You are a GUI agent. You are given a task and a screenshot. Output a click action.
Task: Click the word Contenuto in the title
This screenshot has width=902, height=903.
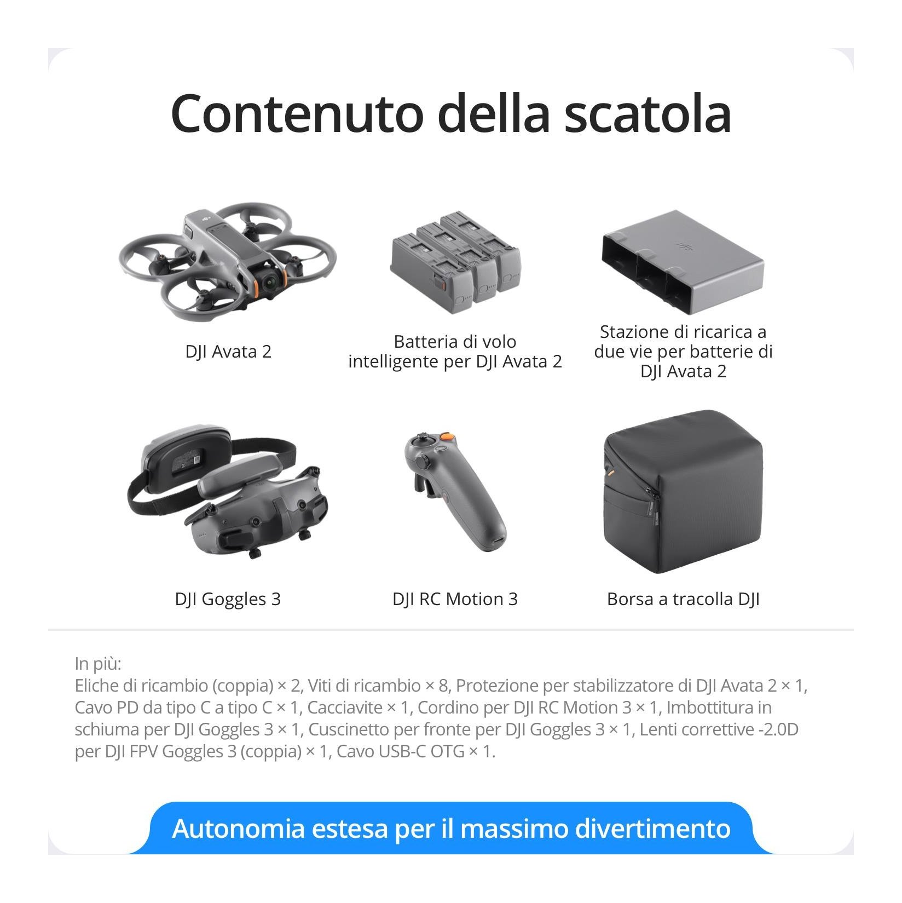[297, 113]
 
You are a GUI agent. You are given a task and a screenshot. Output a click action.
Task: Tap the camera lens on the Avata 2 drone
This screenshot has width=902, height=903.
[270, 281]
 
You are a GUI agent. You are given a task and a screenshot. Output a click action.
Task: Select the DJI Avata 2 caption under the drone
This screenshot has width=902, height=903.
[228, 352]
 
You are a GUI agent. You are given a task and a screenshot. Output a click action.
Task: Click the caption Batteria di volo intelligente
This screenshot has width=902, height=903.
[455, 352]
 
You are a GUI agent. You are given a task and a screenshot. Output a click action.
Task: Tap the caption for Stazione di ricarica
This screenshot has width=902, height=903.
[683, 352]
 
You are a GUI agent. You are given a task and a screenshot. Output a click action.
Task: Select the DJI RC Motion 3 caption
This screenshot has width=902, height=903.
[455, 599]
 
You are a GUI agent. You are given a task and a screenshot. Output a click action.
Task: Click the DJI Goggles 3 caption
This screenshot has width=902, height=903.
[228, 599]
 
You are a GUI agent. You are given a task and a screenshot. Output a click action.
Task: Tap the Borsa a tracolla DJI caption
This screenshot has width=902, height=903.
[683, 599]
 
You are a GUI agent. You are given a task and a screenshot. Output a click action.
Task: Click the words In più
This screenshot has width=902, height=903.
[98, 664]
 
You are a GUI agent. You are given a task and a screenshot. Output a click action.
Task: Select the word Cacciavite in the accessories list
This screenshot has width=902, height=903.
[344, 708]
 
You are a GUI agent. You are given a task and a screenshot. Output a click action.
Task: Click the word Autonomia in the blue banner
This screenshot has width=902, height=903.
[238, 829]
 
